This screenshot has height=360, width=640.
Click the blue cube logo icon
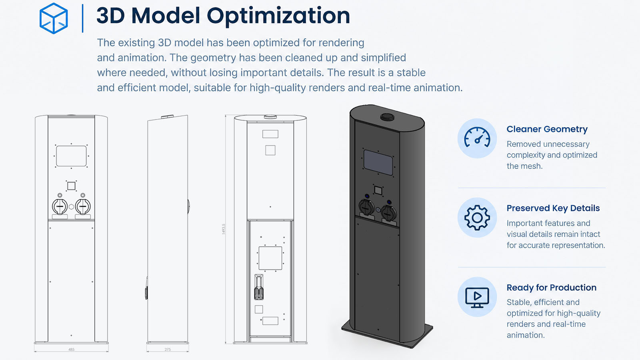(54, 18)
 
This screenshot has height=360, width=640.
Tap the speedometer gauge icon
(477, 138)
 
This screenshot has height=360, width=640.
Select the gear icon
(477, 218)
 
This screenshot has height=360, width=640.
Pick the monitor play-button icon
(477, 298)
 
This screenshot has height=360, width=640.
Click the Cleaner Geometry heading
(547, 129)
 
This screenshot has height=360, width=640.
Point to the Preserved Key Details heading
(553, 208)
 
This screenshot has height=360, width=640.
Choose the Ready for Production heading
(552, 288)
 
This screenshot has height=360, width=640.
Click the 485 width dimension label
(71, 350)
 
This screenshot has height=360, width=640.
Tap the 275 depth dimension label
(168, 350)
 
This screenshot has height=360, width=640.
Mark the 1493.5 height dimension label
(224, 229)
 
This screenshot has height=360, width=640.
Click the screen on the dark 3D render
(378, 162)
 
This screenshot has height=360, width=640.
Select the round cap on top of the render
(387, 116)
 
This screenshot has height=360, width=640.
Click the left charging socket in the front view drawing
(60, 206)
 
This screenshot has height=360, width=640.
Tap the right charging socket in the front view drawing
(83, 206)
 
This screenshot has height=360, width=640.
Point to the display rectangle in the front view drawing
(71, 156)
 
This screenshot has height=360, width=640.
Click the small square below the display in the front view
(71, 186)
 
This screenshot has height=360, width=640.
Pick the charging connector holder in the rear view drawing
(259, 287)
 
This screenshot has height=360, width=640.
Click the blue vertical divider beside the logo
(82, 18)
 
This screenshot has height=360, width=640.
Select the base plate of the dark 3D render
(387, 334)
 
